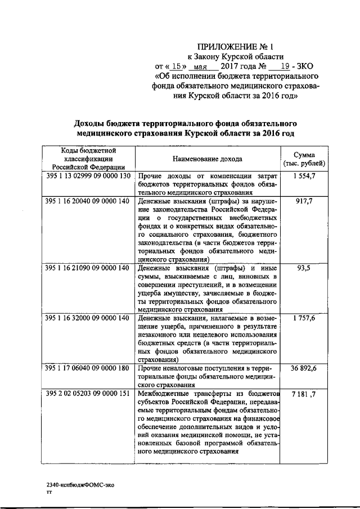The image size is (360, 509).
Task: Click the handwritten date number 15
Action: point(178,66)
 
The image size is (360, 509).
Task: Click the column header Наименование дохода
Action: point(208,159)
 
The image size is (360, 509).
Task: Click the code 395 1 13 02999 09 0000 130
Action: point(87,177)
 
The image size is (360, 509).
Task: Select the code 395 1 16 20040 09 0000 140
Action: point(87,200)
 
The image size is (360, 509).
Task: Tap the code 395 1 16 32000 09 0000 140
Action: point(87,318)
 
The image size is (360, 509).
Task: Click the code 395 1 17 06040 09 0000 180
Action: point(87,368)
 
